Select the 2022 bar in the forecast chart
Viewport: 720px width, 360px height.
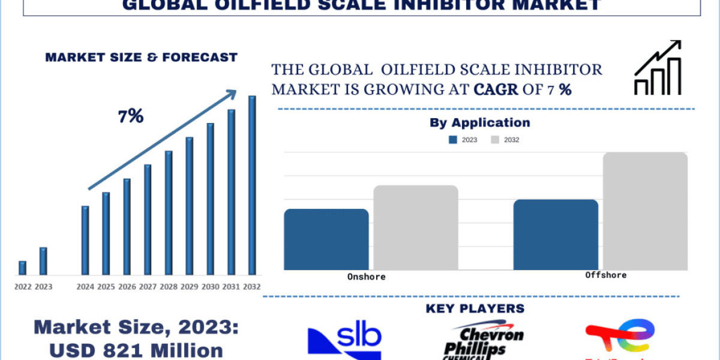click(23, 268)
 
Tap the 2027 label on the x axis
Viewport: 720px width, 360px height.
click(148, 287)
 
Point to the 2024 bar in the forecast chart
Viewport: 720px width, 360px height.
click(85, 240)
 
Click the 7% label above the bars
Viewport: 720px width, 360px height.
click(130, 116)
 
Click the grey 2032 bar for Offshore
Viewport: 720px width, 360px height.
click(645, 211)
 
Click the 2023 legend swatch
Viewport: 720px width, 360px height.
click(453, 140)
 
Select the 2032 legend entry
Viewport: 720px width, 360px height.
click(505, 140)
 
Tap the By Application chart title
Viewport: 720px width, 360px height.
click(479, 122)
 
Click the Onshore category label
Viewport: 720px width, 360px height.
click(366, 277)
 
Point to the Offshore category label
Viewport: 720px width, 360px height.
click(605, 275)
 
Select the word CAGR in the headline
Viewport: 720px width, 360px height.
click(496, 90)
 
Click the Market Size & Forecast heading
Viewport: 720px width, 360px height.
click(141, 58)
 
